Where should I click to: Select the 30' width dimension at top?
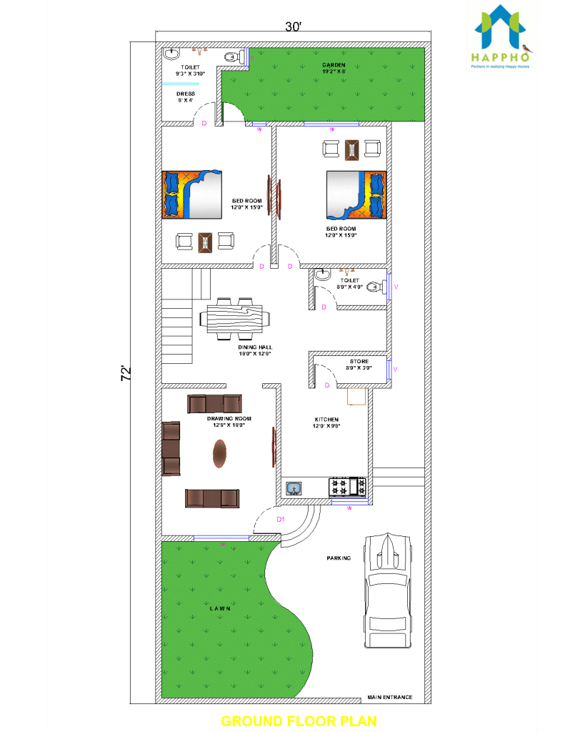(293, 27)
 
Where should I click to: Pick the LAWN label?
(220, 608)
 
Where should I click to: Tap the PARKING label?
(339, 558)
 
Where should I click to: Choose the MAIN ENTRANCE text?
(389, 696)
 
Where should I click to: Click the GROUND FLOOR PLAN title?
(299, 720)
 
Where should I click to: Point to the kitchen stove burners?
(347, 488)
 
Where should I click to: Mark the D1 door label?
(281, 520)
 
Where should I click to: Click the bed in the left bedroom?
(194, 194)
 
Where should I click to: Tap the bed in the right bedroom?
(356, 194)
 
